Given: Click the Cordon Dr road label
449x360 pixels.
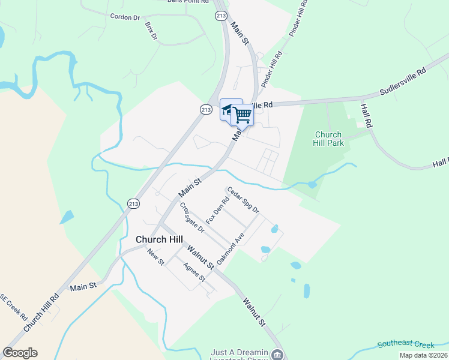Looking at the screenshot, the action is tap(125, 17).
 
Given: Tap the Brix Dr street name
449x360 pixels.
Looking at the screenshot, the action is tap(151, 31).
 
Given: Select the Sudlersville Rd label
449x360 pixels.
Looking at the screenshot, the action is tap(402, 82).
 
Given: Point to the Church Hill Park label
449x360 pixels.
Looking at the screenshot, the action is tap(328, 139).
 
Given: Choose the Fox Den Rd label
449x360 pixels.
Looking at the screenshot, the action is tap(218, 211).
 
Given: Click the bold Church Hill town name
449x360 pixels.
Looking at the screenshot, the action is tap(159, 239).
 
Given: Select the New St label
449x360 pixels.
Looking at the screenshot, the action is tap(156, 257).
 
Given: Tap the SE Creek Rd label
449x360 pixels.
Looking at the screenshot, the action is tap(14, 306).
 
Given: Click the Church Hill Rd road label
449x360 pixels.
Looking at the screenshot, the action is tap(41, 312).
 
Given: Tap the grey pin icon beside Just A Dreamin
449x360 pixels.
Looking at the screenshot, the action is tap(277, 354).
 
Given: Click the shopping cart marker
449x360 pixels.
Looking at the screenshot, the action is tap(243, 115).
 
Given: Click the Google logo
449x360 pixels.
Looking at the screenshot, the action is tap(20, 353).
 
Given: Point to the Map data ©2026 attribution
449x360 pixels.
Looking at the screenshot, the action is tap(423, 355).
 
